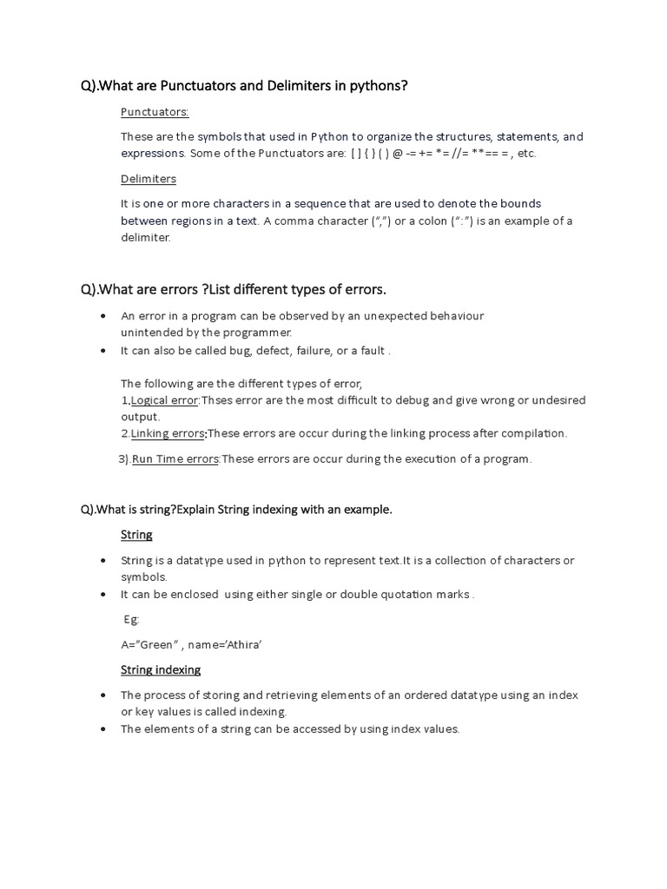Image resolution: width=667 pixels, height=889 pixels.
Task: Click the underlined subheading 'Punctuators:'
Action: [x=155, y=112]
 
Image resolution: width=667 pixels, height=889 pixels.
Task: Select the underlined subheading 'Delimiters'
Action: [x=148, y=179]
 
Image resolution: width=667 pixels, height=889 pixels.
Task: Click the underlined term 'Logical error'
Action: [x=165, y=400]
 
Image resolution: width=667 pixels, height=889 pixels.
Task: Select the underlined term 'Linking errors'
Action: [x=168, y=433]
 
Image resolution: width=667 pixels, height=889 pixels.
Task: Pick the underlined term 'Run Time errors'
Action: [x=175, y=459]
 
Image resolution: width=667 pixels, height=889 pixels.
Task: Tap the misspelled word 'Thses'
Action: [x=218, y=400]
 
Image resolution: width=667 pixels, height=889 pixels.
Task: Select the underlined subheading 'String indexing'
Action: [x=160, y=669]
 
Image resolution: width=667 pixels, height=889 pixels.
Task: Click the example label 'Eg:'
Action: [x=131, y=620]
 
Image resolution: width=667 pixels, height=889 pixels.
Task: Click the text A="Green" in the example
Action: [x=149, y=645]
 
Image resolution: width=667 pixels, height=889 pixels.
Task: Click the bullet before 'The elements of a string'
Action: [x=104, y=729]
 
